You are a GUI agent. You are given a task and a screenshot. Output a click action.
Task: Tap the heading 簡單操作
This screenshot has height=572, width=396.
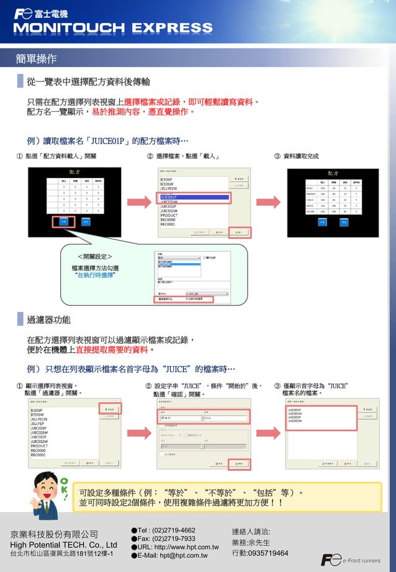[x=37, y=59]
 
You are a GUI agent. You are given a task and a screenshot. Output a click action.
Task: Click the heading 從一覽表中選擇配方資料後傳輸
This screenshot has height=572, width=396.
[x=88, y=82]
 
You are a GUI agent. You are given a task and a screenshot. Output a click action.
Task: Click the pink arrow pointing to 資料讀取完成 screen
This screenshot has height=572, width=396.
[x=268, y=203]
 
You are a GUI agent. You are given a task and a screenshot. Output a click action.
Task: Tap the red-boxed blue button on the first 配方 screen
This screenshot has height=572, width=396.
[x=63, y=221]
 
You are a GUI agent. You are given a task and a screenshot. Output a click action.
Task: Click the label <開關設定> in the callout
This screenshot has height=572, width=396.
[x=94, y=256]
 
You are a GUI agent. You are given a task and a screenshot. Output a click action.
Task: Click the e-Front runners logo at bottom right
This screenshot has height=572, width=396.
[x=351, y=560]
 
